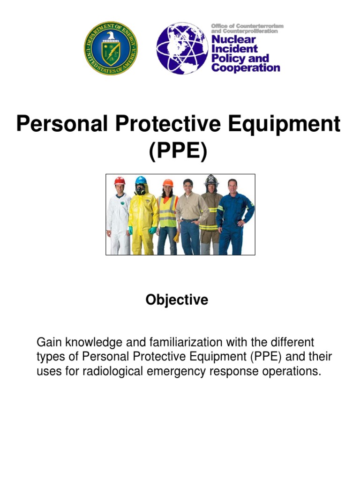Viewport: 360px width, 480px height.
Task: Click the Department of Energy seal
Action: pyautogui.click(x=111, y=48)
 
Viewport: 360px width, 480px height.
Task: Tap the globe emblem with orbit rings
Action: pyautogui.click(x=182, y=48)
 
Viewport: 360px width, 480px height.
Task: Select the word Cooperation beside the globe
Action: pyautogui.click(x=245, y=67)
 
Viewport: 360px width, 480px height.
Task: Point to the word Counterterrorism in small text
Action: pyautogui.click(x=262, y=26)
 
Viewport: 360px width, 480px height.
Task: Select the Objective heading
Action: pyautogui.click(x=176, y=300)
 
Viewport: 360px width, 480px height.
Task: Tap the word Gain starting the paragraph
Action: pyautogui.click(x=49, y=342)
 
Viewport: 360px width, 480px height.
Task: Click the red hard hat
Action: pyautogui.click(x=120, y=180)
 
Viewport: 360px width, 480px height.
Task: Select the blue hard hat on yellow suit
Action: pyautogui.click(x=141, y=180)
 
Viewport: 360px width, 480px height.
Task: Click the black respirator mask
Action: pyautogui.click(x=140, y=190)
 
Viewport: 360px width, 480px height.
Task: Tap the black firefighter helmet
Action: pyautogui.click(x=211, y=180)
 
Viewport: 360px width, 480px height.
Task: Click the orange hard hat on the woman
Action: pyautogui.click(x=168, y=183)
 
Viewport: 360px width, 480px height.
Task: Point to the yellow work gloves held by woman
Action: pyautogui.click(x=176, y=237)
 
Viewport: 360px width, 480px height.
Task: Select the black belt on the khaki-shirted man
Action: pyautogui.click(x=188, y=220)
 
